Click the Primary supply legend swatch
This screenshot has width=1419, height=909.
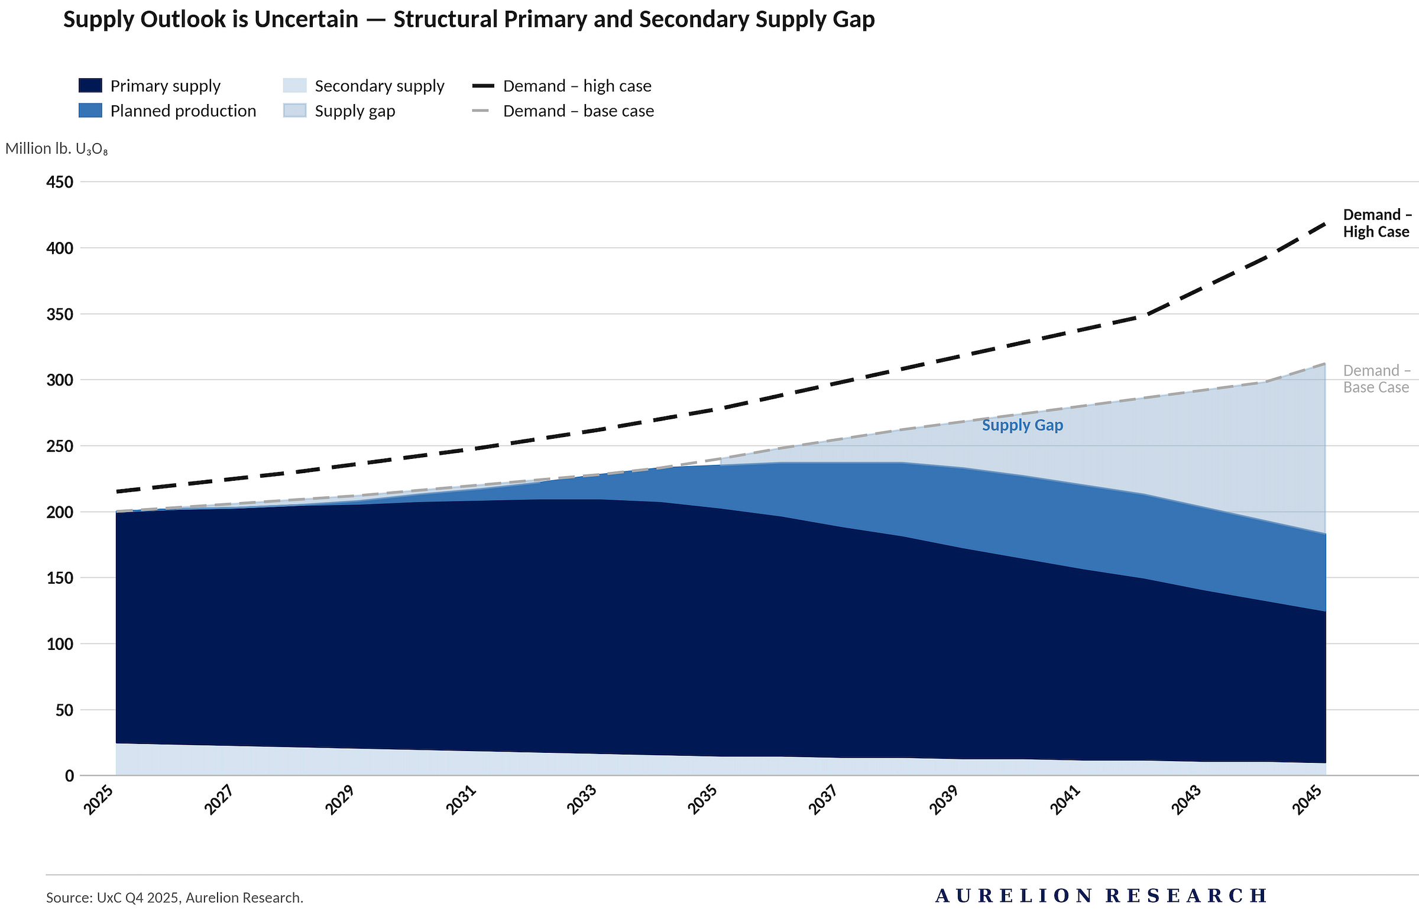coord(90,85)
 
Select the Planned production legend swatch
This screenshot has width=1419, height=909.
coord(90,110)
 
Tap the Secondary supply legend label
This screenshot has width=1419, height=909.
coord(380,86)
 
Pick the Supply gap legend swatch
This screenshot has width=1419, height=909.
coord(295,110)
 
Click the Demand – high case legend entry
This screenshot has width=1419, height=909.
coord(562,86)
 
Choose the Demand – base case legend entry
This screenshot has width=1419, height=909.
coord(563,111)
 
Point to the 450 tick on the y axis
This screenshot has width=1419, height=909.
coord(60,182)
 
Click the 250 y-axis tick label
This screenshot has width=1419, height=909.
coord(60,446)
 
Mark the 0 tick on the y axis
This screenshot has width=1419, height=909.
coord(69,775)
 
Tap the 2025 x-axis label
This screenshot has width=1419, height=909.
coord(98,800)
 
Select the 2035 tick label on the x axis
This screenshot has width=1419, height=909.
coord(702,800)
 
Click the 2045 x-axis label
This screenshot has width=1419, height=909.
coord(1308,800)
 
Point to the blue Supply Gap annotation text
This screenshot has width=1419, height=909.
coord(1022,425)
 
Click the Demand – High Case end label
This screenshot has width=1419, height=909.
coord(1377,223)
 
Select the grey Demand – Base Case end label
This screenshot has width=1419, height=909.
coord(1377,379)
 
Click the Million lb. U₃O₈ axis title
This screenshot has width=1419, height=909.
coord(57,148)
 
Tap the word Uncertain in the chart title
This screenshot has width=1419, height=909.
coord(306,20)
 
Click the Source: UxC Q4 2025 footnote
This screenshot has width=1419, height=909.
coord(174,897)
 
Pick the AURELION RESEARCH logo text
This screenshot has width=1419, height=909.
coord(1101,895)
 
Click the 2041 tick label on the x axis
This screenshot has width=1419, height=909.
coord(1065,800)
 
